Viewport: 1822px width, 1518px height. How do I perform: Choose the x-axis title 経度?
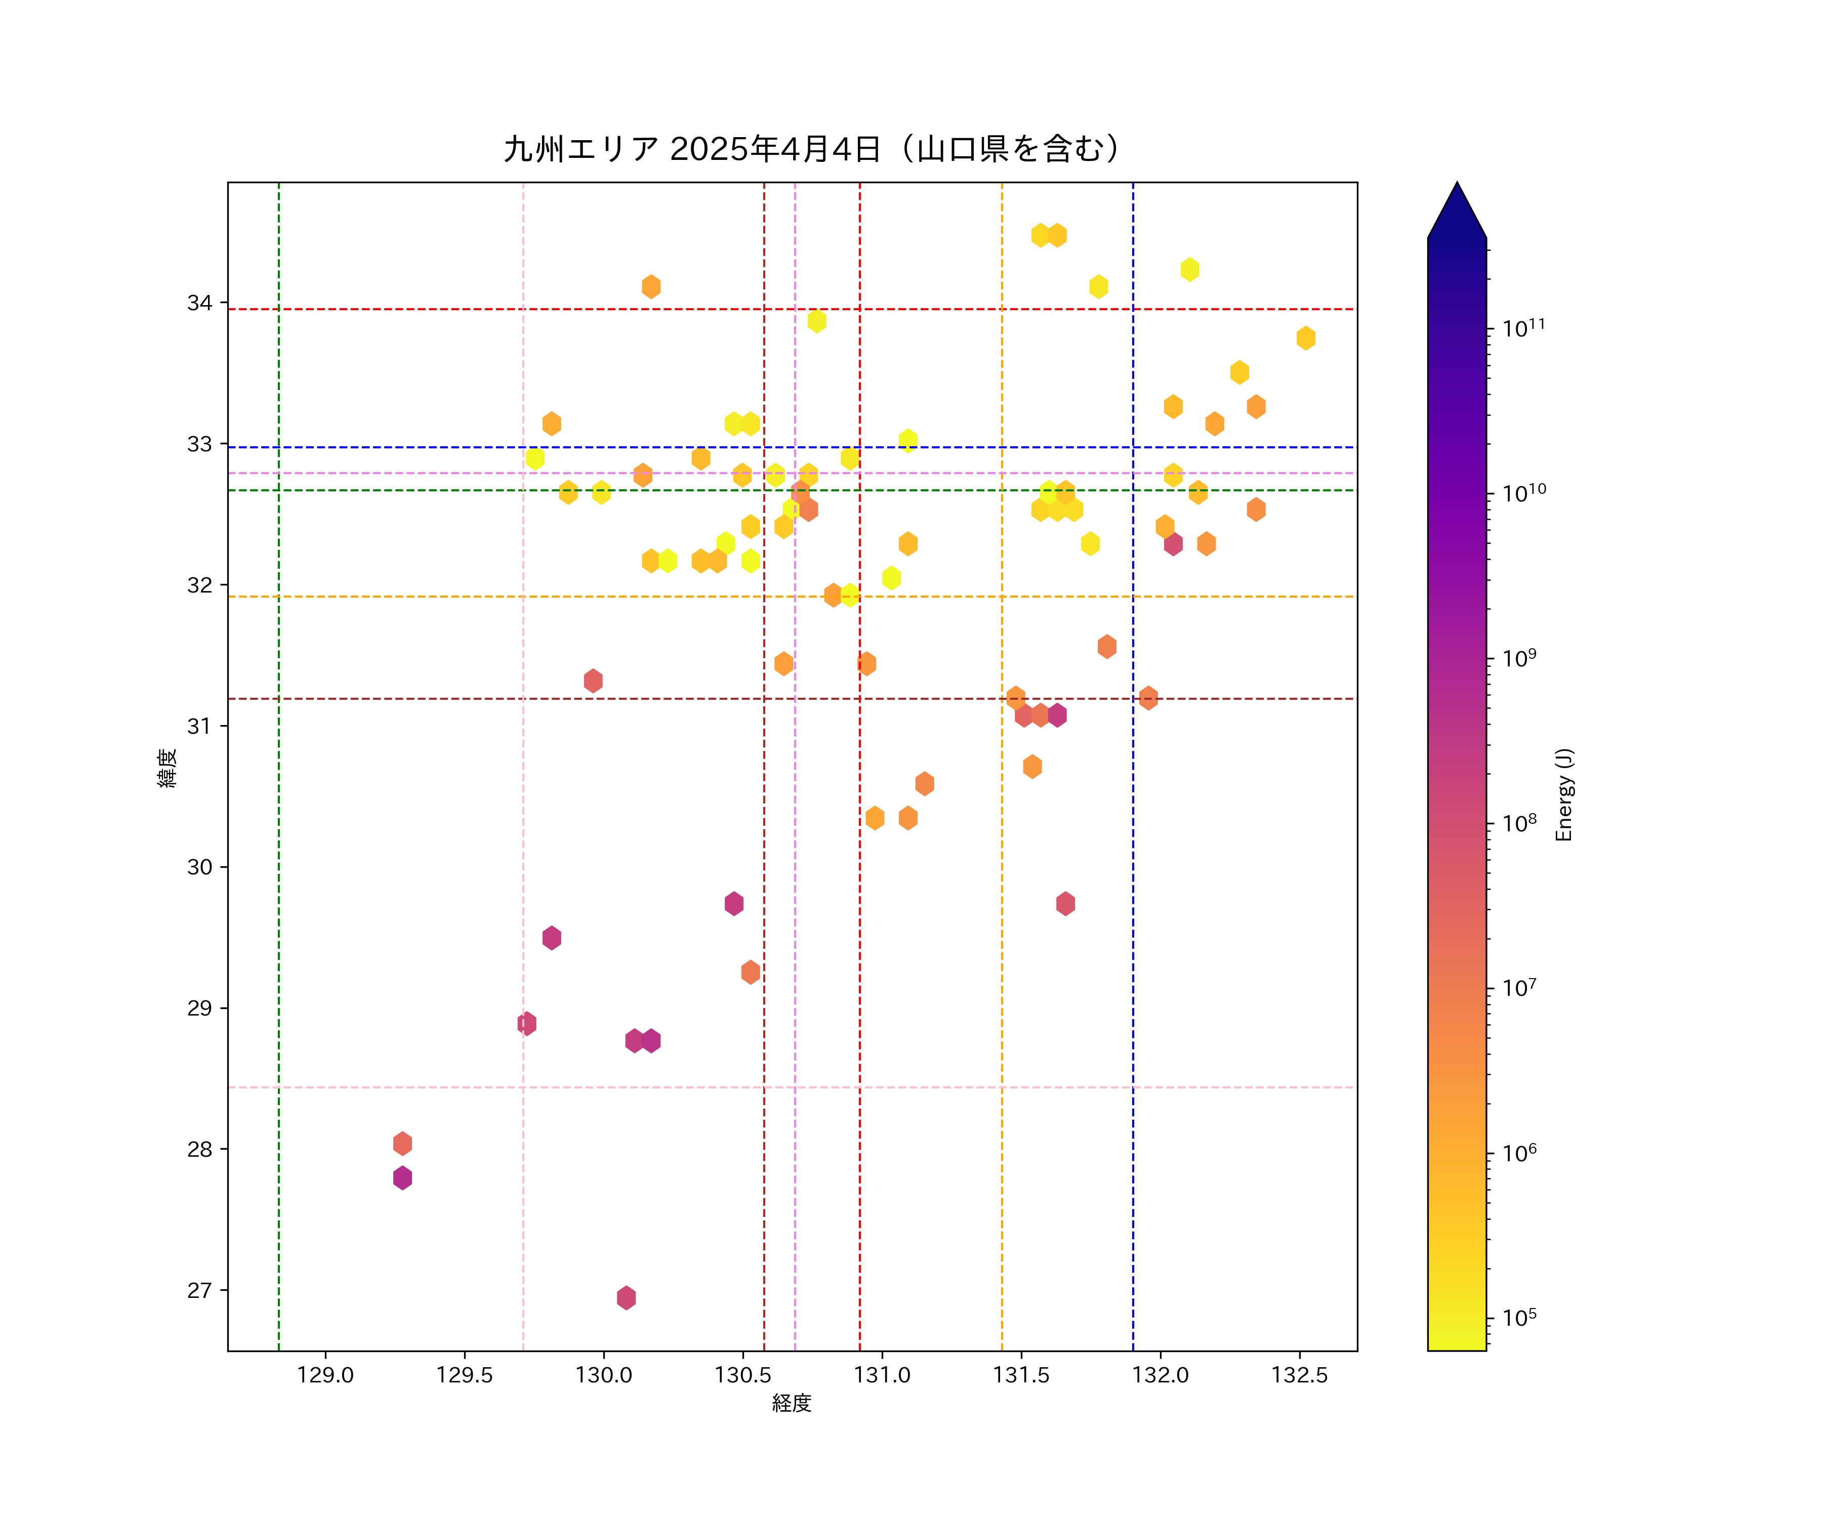tap(791, 1404)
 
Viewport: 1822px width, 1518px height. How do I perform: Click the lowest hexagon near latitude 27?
tap(627, 1298)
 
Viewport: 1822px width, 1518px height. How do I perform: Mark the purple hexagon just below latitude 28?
tap(402, 1178)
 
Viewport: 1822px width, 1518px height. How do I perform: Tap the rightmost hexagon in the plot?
tap(1306, 339)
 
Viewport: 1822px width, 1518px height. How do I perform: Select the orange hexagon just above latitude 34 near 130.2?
tap(651, 286)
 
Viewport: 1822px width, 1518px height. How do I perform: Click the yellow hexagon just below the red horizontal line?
tap(816, 321)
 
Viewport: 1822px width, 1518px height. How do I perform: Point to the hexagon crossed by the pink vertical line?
tap(527, 1024)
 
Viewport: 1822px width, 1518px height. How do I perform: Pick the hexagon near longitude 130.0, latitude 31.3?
tap(594, 681)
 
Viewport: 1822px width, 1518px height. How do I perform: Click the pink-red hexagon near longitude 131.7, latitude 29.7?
tap(1065, 904)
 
